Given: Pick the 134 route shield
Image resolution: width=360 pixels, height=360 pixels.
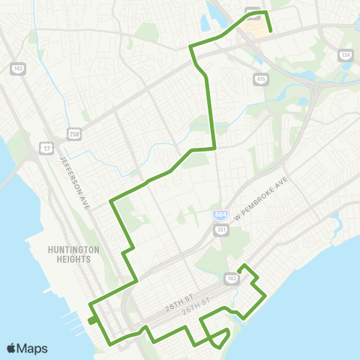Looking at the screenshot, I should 345,55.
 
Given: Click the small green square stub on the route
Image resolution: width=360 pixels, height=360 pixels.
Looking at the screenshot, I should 91,320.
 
